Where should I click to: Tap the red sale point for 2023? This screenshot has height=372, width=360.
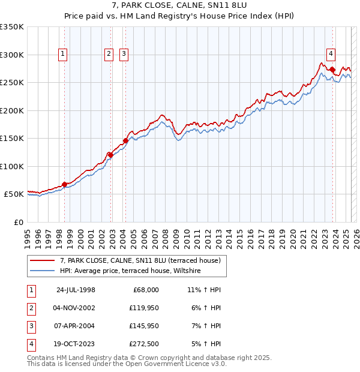[x=332, y=70]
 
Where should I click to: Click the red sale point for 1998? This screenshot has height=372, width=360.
[x=65, y=184]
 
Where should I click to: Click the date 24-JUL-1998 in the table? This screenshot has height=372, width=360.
[x=76, y=289]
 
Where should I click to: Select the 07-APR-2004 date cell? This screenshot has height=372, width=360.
[x=76, y=326]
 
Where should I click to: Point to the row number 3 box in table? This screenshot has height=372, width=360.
[x=31, y=326]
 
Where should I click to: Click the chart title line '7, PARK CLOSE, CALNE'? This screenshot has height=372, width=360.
[x=179, y=6]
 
